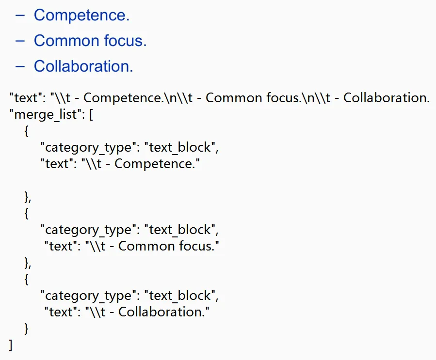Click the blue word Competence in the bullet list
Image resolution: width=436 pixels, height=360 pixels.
80,16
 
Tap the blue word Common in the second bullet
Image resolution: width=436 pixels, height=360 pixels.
66,41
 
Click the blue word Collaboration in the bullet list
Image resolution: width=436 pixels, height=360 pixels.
82,66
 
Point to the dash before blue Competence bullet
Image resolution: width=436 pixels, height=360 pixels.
20,16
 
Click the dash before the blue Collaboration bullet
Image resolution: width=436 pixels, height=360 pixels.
20,67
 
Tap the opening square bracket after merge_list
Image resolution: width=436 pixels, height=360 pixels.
91,114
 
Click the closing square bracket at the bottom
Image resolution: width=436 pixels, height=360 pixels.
11,345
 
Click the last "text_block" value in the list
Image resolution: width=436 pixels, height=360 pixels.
180,296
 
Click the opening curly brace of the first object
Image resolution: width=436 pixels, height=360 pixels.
26,131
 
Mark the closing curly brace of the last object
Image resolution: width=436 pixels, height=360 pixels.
26,329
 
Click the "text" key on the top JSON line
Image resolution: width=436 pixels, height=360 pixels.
26,98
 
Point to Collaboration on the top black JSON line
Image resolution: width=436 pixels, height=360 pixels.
385,98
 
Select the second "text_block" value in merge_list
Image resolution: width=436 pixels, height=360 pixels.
180,230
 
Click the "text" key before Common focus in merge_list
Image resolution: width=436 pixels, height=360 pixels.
61,246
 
